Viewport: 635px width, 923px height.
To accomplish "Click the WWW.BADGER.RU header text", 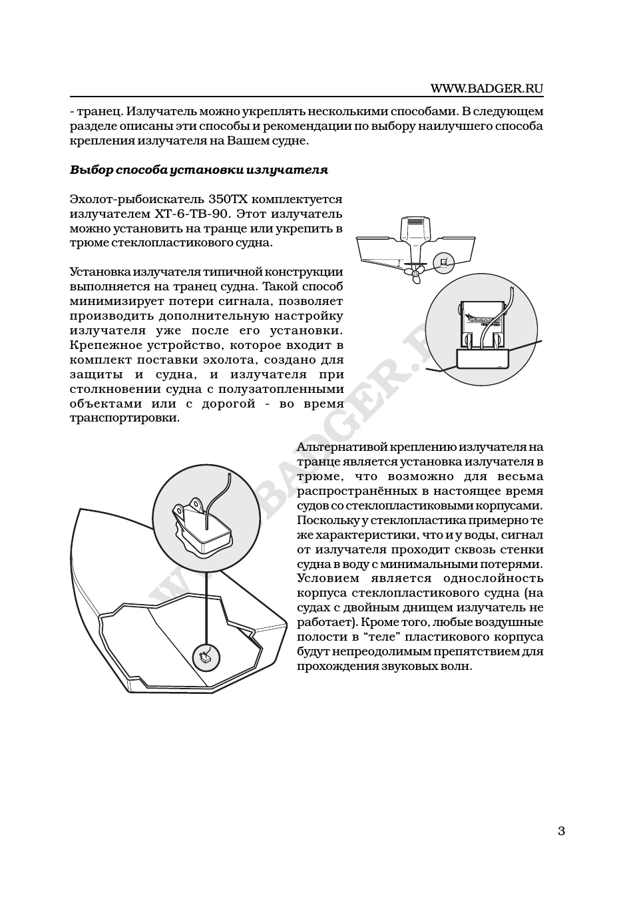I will [x=487, y=88].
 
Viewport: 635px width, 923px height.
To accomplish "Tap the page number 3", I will [x=560, y=830].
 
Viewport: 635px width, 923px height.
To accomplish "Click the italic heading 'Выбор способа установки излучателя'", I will [x=199, y=170].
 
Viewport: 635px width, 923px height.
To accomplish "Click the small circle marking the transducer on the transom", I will [x=443, y=262].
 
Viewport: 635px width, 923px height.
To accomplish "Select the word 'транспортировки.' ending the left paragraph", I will [x=124, y=418].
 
